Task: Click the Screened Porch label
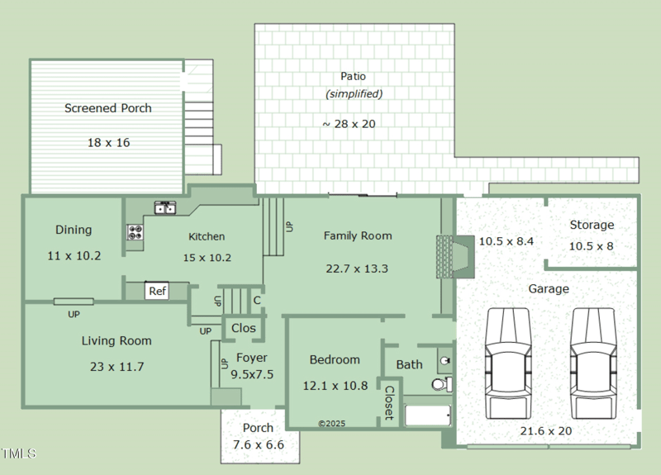108,108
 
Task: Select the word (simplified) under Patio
354,94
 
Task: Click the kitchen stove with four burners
135,232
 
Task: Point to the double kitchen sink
164,207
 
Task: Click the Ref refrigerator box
157,291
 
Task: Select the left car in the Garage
508,362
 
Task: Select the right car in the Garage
593,362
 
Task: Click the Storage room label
592,225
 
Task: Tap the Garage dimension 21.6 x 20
545,430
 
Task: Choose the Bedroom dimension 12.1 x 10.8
335,385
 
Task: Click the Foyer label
252,358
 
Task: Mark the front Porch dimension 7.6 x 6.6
258,444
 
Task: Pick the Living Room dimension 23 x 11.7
117,367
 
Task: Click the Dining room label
74,230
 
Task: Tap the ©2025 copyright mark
332,424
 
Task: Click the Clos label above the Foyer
244,328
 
